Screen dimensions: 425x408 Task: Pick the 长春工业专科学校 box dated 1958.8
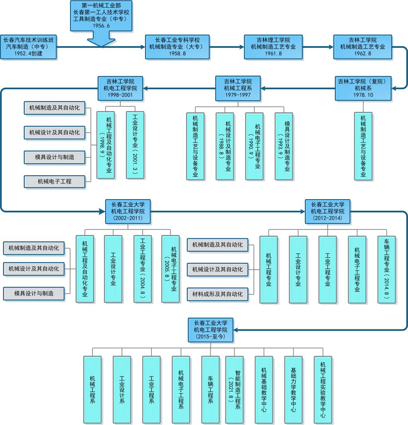177,47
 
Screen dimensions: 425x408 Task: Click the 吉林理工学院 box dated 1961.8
273,47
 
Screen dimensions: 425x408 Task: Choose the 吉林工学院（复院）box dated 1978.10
363,88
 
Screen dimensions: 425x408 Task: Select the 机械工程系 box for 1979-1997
238,88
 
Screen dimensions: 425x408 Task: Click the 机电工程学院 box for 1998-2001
120,88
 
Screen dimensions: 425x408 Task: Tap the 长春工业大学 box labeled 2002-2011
128,211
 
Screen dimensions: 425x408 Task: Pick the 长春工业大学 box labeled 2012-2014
328,211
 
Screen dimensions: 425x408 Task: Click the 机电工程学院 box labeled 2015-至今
210,330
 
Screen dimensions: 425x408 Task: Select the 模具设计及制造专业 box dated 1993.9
284,146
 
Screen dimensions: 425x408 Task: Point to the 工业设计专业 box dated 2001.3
135,145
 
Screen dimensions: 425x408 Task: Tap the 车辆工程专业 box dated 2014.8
386,269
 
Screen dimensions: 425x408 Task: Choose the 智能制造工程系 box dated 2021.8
234,390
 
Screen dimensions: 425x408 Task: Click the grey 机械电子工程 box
55,182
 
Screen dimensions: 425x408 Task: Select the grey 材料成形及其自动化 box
218,294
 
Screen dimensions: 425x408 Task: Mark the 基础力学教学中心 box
293,390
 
